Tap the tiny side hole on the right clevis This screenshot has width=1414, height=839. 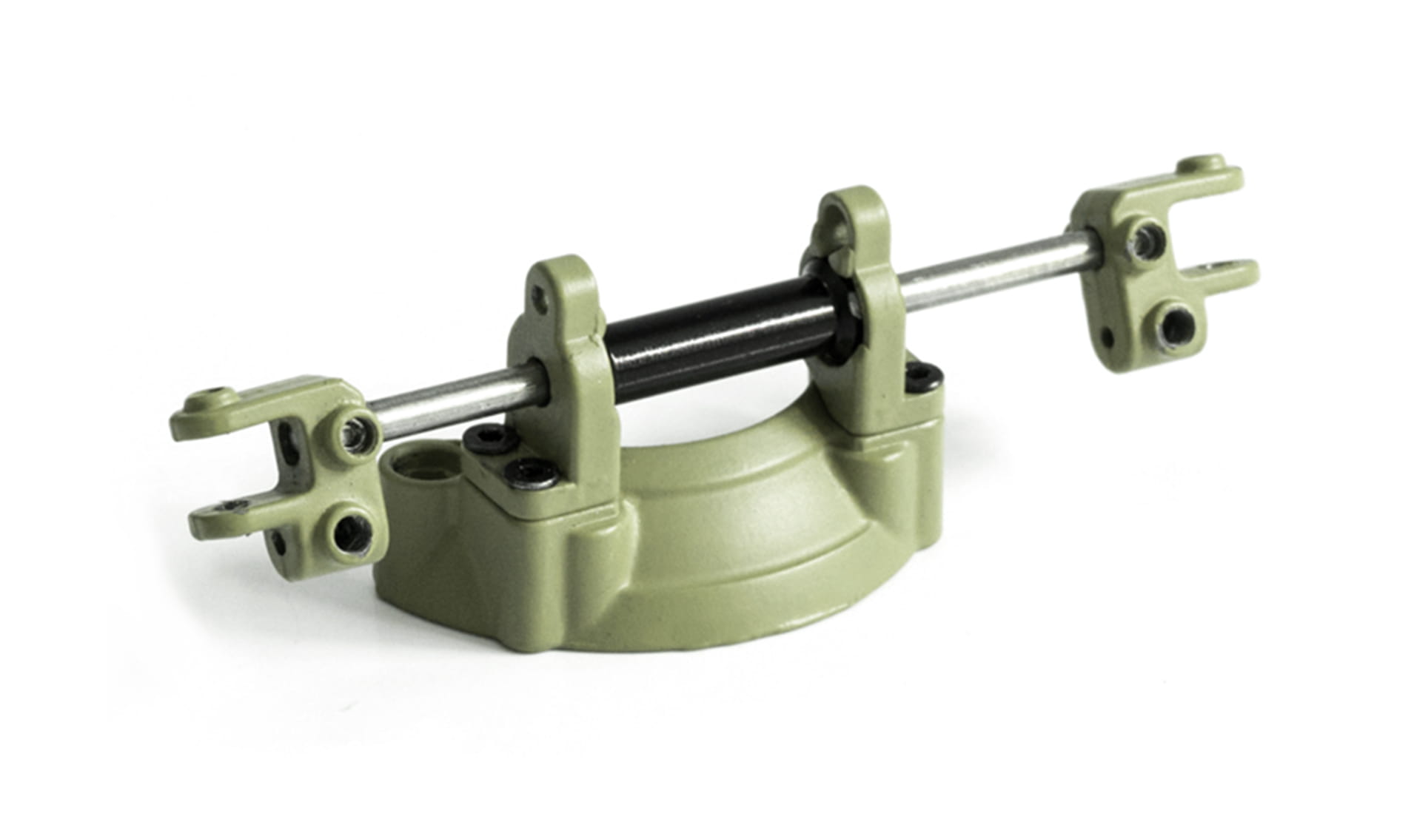pyautogui.click(x=1108, y=337)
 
